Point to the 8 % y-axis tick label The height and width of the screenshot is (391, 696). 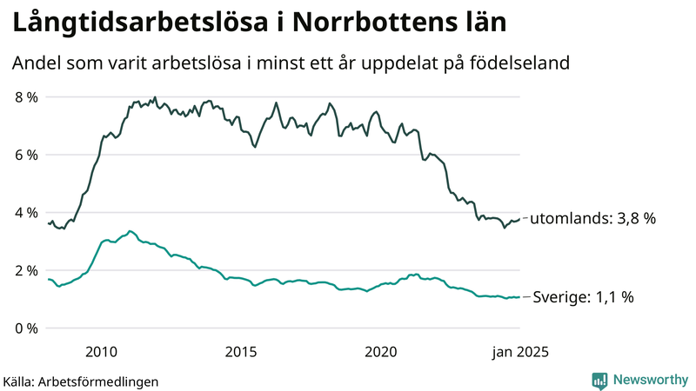[26, 97]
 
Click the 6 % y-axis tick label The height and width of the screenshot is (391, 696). [26, 155]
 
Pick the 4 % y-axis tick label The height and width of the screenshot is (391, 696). [26, 213]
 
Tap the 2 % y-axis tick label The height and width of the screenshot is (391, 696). [26, 270]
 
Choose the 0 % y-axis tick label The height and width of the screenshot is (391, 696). [26, 328]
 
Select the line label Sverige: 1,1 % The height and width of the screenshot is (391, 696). [582, 297]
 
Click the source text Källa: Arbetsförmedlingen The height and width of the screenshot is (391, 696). [81, 381]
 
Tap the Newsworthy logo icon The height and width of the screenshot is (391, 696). [599, 380]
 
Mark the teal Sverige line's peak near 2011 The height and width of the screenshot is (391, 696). [130, 231]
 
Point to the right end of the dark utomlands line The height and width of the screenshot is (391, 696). [520, 218]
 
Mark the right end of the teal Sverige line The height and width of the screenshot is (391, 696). [520, 297]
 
